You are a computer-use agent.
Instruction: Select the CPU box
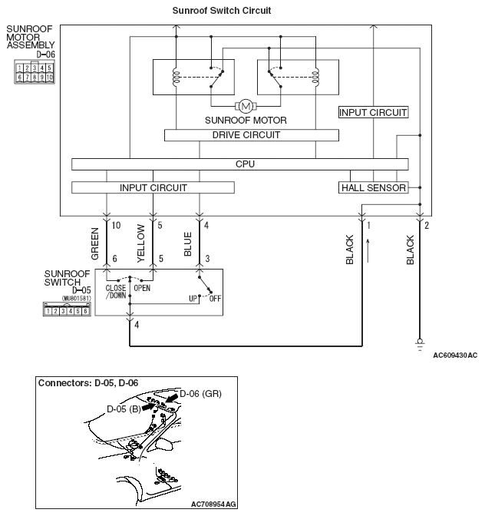[245, 164]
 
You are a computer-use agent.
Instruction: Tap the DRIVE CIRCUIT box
[251, 135]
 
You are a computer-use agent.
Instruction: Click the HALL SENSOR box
[373, 187]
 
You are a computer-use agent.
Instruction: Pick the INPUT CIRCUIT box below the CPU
[153, 187]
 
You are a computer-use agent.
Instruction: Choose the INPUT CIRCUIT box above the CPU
[373, 112]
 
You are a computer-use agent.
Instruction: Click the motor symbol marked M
[246, 105]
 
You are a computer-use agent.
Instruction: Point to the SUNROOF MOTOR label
[246, 121]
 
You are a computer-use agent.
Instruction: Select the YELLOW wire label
[141, 243]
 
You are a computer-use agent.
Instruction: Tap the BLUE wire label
[188, 243]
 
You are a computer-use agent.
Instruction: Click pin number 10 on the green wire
[117, 226]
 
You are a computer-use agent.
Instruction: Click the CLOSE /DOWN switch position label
[116, 293]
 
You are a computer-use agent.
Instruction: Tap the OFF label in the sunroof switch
[215, 298]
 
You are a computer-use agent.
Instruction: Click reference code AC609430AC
[454, 356]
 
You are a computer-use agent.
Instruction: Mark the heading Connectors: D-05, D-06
[87, 382]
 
